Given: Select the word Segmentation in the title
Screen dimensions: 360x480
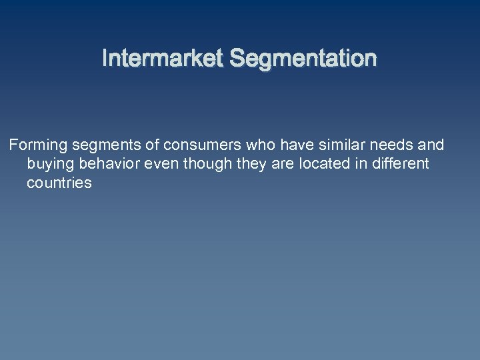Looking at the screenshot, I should (x=303, y=59).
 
